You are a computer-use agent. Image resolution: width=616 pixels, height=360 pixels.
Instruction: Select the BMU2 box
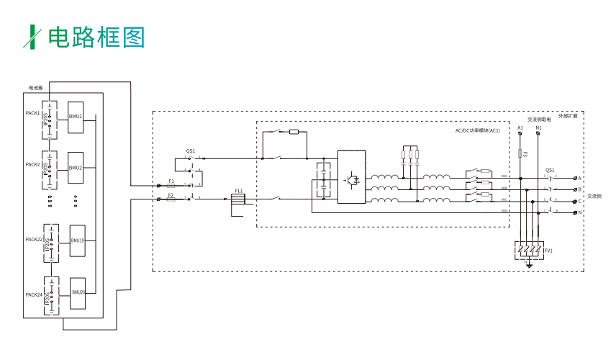(76, 168)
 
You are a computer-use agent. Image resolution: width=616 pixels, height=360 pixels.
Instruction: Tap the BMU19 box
(78, 240)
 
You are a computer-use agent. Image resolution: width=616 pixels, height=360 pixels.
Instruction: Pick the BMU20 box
(78, 292)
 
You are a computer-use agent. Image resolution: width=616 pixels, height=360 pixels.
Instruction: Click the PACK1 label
(32, 113)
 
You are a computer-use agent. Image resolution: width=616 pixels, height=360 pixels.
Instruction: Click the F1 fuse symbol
(171, 186)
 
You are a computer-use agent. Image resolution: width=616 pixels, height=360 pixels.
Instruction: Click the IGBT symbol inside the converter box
(353, 177)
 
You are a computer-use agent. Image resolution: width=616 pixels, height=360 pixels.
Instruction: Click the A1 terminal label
(520, 127)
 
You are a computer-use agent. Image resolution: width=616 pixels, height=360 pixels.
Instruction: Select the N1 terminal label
(538, 127)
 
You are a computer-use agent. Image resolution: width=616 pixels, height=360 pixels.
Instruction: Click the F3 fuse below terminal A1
(520, 153)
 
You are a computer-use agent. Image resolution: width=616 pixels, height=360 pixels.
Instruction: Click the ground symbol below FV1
(529, 266)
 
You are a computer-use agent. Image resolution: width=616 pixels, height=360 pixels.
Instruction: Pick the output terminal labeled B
(574, 189)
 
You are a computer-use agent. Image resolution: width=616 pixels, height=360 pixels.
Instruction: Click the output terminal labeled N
(574, 212)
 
